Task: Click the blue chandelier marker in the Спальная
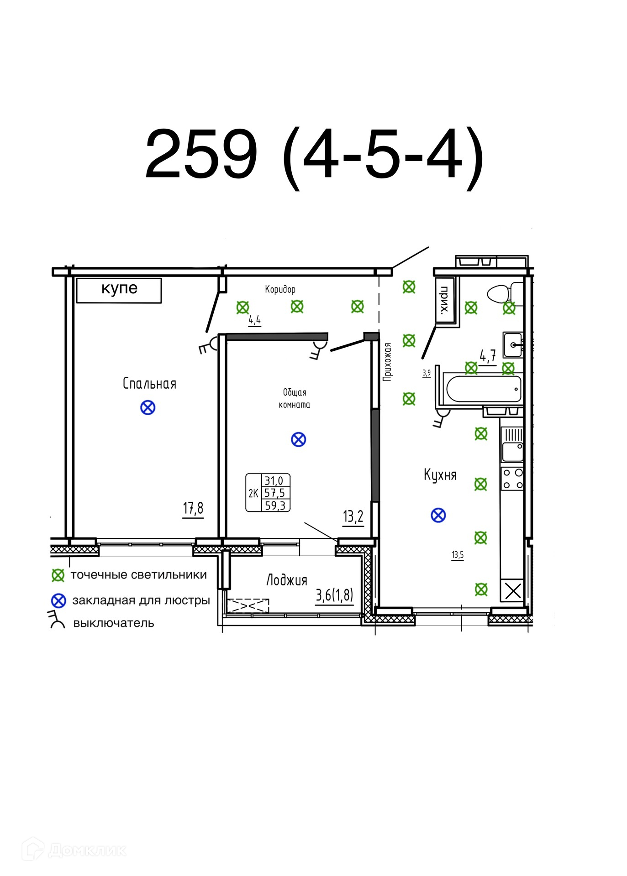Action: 148,407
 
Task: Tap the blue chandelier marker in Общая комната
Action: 298,439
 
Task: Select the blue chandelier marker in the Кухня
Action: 438,515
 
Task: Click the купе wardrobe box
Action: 119,290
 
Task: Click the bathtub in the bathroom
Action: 483,389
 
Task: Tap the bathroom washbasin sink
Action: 513,345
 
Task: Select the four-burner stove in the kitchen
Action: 512,479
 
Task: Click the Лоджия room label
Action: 287,580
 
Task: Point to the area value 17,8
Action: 193,508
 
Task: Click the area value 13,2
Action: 353,516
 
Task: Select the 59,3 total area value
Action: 275,506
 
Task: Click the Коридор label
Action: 280,289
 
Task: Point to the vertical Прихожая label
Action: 388,362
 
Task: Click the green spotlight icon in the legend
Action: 58,575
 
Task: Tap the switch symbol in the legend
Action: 57,620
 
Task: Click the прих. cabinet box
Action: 445,300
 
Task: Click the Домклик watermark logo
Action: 74,850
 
